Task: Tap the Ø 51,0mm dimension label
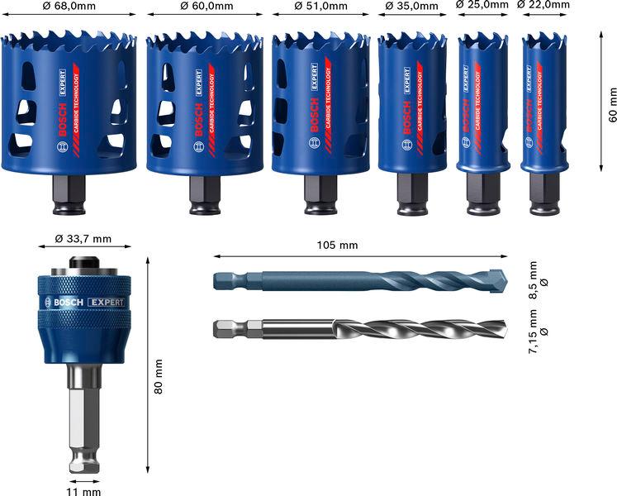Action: tap(321, 7)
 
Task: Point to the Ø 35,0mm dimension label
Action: tap(412, 7)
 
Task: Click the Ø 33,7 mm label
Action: tap(83, 239)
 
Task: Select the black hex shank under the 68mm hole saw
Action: tap(68, 193)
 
